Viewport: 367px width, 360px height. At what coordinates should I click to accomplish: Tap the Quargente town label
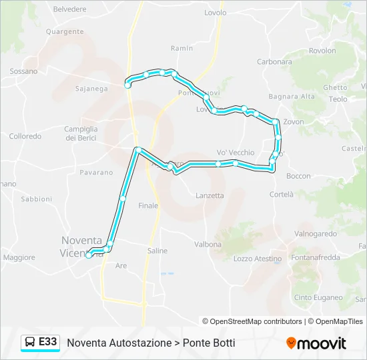[65, 31]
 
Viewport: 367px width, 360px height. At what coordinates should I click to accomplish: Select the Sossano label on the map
[23, 71]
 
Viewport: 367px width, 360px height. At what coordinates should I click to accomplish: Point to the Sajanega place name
[91, 88]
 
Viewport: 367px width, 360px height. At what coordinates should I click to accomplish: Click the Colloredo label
[25, 136]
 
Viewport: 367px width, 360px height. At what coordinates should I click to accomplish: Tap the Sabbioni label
[36, 199]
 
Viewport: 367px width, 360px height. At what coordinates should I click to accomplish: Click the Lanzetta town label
[210, 195]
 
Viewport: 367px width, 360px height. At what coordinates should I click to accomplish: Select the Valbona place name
[208, 245]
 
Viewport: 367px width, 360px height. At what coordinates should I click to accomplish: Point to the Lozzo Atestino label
[258, 259]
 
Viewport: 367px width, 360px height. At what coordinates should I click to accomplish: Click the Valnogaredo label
[316, 234]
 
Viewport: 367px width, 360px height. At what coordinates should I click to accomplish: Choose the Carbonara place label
[274, 62]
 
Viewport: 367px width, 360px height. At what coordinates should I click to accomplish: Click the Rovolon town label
[322, 51]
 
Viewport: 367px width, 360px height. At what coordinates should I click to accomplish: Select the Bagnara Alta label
[296, 97]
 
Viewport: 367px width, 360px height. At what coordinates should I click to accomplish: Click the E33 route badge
[47, 342]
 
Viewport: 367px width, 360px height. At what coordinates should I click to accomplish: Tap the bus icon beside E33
[30, 343]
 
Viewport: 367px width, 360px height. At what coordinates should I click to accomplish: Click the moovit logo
[316, 343]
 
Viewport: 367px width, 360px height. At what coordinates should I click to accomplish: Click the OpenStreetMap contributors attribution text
[252, 321]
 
